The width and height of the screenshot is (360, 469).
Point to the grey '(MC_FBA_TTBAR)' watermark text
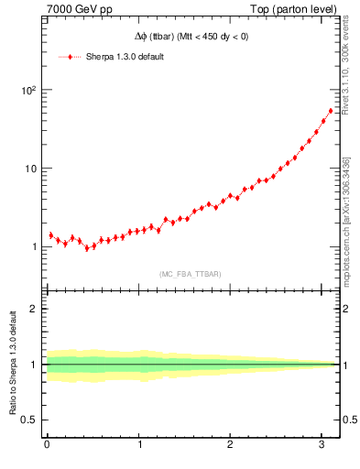click(x=190, y=274)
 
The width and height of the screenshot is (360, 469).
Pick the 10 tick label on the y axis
click(x=28, y=169)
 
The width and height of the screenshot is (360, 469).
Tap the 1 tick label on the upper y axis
click(x=32, y=247)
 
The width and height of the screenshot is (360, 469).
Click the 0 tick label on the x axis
click(x=47, y=445)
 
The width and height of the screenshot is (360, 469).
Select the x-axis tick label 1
click(x=139, y=445)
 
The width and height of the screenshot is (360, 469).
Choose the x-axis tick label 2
click(x=231, y=445)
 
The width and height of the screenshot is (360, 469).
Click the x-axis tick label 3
click(x=322, y=445)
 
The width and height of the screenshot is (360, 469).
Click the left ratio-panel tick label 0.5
click(x=28, y=420)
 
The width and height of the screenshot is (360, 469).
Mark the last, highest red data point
click(x=331, y=111)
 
